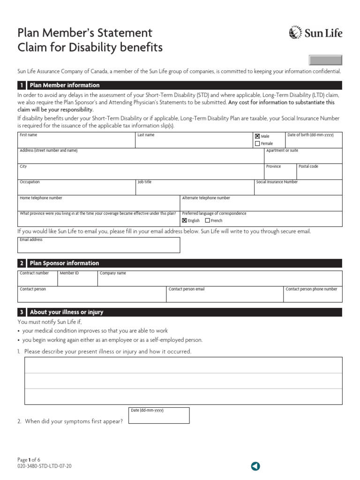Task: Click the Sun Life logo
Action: (x=316, y=33)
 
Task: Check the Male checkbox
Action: (x=257, y=136)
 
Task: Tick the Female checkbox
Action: (x=257, y=143)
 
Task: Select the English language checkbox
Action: (x=184, y=220)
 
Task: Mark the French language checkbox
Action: (x=207, y=220)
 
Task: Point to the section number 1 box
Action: (x=22, y=85)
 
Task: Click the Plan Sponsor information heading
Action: (x=65, y=263)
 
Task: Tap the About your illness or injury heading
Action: (x=67, y=312)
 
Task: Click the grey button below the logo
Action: (x=325, y=60)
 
